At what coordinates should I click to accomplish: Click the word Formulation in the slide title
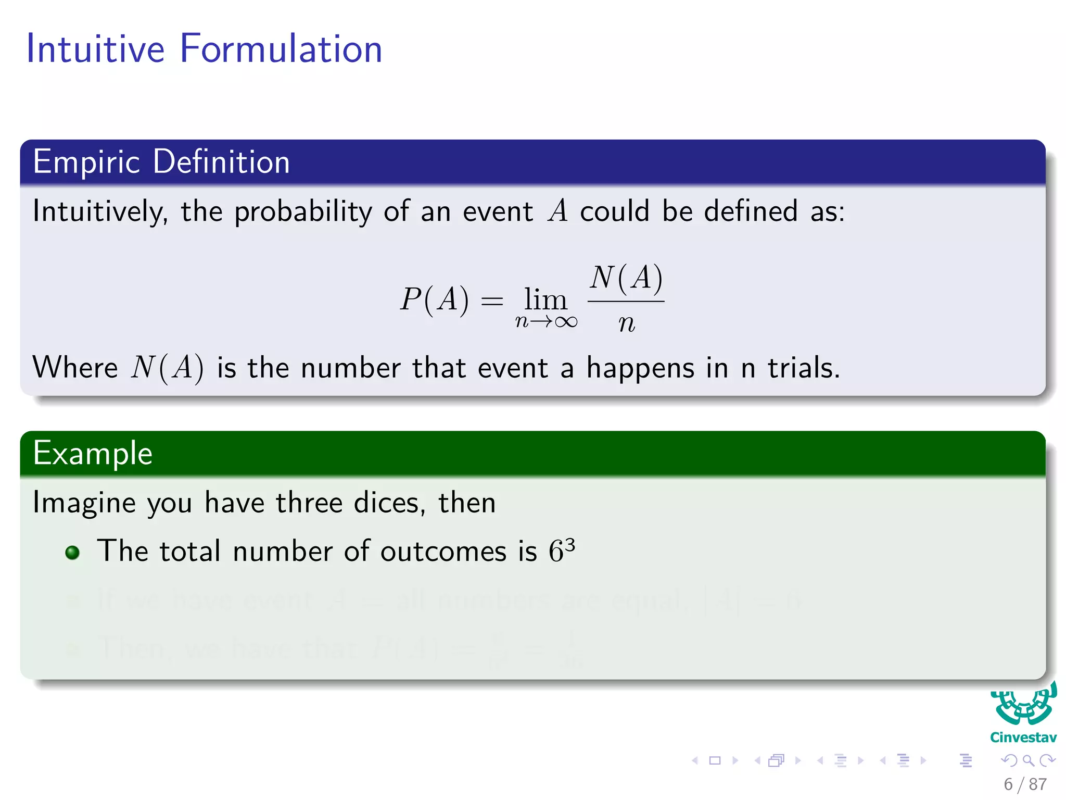[281, 49]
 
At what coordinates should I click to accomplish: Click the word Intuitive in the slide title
[95, 49]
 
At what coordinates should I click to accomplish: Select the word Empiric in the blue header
[86, 162]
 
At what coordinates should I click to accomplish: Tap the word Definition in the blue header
[221, 162]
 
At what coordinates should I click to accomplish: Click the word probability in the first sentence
[303, 212]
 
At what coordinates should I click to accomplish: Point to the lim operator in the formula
[545, 299]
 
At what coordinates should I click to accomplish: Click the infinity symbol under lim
[566, 322]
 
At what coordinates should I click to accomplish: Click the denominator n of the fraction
[626, 323]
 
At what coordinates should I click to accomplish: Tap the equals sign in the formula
[492, 301]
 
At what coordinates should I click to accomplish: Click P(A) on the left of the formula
[434, 300]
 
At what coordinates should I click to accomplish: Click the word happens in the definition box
[641, 368]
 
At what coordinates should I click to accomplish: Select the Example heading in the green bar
[93, 453]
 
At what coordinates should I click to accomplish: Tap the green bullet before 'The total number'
[73, 553]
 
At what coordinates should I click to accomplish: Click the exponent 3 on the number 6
[570, 544]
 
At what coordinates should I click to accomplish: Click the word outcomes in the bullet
[443, 552]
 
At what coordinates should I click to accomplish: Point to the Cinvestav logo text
[1023, 737]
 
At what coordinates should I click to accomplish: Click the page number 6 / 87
[1025, 784]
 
